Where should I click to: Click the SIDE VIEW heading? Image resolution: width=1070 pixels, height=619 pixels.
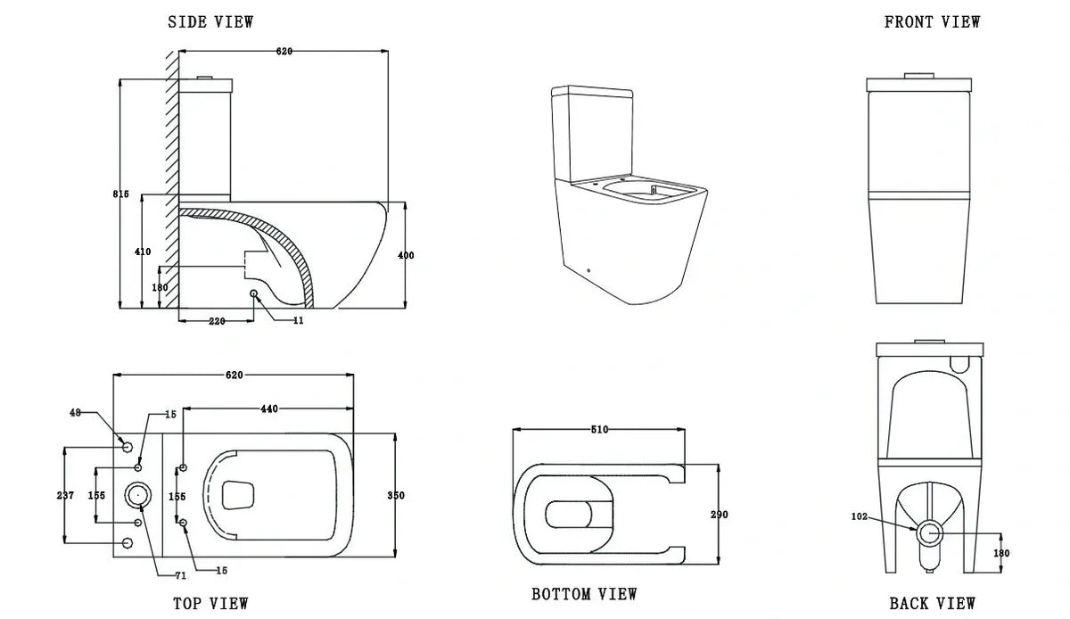coord(210,22)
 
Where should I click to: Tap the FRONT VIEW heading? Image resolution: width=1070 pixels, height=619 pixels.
coord(932,22)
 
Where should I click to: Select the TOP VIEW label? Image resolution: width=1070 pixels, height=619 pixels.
coord(210,604)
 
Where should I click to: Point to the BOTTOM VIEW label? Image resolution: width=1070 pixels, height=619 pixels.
coord(584,594)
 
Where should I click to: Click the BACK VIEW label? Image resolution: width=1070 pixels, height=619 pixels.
coord(932,604)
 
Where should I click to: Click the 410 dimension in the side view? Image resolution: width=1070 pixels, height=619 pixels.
coord(143,252)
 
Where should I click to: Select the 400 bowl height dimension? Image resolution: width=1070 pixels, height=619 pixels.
coord(406,256)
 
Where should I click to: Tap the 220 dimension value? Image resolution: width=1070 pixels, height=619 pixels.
coord(217,320)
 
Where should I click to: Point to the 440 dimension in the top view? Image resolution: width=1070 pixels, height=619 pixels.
coord(270,409)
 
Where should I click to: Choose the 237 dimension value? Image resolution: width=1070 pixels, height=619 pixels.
coord(65,495)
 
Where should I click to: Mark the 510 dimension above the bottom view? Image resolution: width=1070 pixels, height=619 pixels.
coord(599,430)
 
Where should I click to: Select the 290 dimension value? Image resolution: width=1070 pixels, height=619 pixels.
coord(720,515)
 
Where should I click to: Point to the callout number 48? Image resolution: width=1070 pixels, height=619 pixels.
coord(75,413)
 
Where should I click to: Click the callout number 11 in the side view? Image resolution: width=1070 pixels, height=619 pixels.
coord(298,320)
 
